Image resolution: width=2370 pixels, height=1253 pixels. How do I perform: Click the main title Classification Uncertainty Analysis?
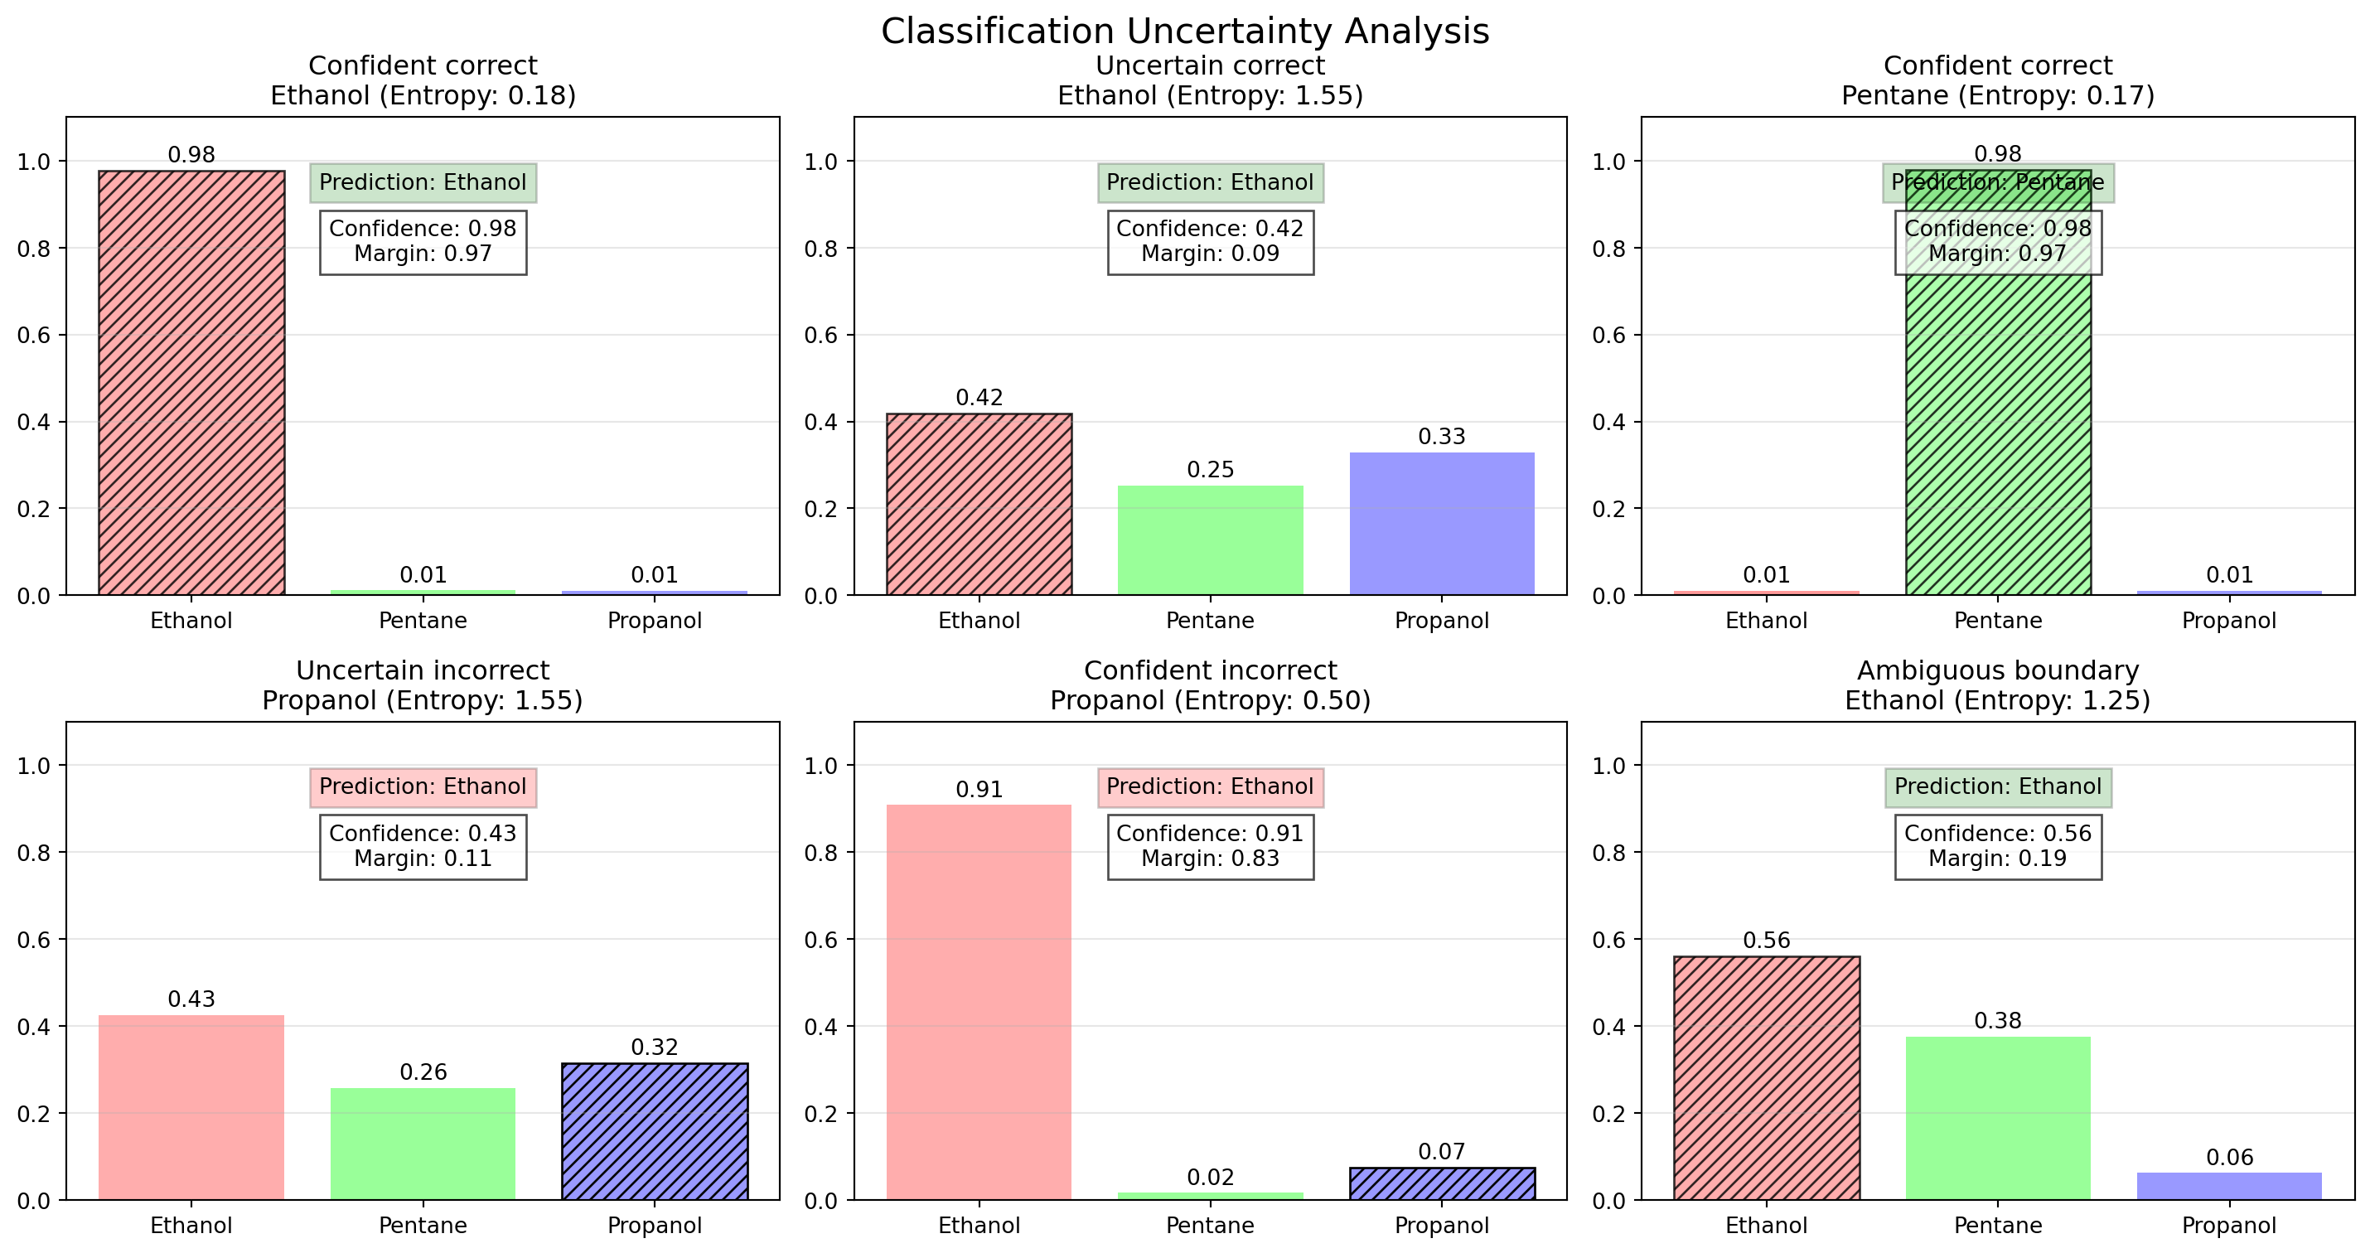[1184, 31]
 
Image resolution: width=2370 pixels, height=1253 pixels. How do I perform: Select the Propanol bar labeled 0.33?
[1441, 524]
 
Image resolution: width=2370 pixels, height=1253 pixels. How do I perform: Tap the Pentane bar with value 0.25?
[1210, 540]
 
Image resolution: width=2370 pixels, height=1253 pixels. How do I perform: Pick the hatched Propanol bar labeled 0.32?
[654, 1130]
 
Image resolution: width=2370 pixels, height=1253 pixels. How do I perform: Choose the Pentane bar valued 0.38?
[1997, 1118]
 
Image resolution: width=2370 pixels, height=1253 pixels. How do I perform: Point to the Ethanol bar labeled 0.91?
[979, 1002]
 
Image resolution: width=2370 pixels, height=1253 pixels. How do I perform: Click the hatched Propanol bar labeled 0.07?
[1441, 1183]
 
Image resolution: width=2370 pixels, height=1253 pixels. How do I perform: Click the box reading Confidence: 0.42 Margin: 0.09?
[1210, 242]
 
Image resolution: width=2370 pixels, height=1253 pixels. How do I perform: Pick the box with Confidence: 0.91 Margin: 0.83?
[1210, 846]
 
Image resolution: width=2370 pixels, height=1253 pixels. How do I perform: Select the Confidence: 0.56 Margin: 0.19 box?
[1997, 846]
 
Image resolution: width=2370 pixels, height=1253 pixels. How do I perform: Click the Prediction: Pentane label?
[1997, 182]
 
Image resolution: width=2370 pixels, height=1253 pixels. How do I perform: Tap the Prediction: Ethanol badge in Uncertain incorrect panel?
[423, 786]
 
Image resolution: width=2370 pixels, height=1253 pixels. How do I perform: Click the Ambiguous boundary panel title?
[1997, 685]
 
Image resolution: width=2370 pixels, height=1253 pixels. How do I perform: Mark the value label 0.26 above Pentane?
[423, 1072]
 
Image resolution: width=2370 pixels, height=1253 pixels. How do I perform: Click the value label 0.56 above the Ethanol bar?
[1767, 941]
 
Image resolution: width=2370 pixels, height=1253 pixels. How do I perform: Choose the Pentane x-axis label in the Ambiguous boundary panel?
[1997, 1226]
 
